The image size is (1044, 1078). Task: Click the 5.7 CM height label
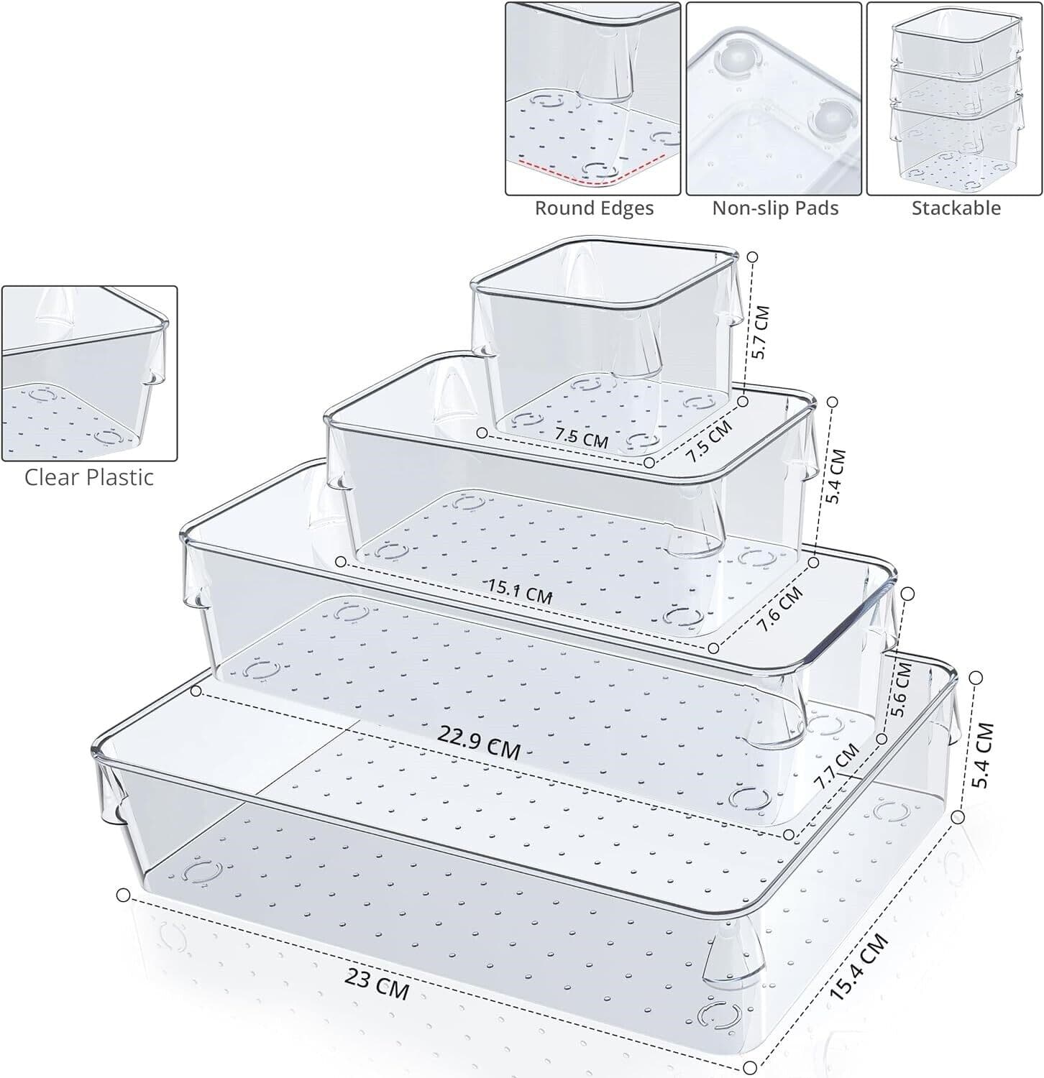tap(761, 333)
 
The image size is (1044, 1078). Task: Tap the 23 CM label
tap(377, 984)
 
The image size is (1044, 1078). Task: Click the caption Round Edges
tap(594, 208)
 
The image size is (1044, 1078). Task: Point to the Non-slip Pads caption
tap(775, 208)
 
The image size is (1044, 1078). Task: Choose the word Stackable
tap(956, 208)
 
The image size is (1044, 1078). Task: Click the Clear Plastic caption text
tap(89, 477)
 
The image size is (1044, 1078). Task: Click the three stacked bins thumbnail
tap(954, 98)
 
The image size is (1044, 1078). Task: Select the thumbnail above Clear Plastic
tap(89, 373)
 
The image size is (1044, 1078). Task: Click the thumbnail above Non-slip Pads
tap(774, 98)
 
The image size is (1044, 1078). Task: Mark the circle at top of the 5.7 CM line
tap(753, 257)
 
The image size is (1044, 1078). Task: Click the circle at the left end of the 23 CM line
tap(123, 895)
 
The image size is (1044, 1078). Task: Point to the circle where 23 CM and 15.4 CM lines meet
tap(750, 1067)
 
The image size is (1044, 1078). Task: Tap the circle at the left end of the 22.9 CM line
tap(196, 691)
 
